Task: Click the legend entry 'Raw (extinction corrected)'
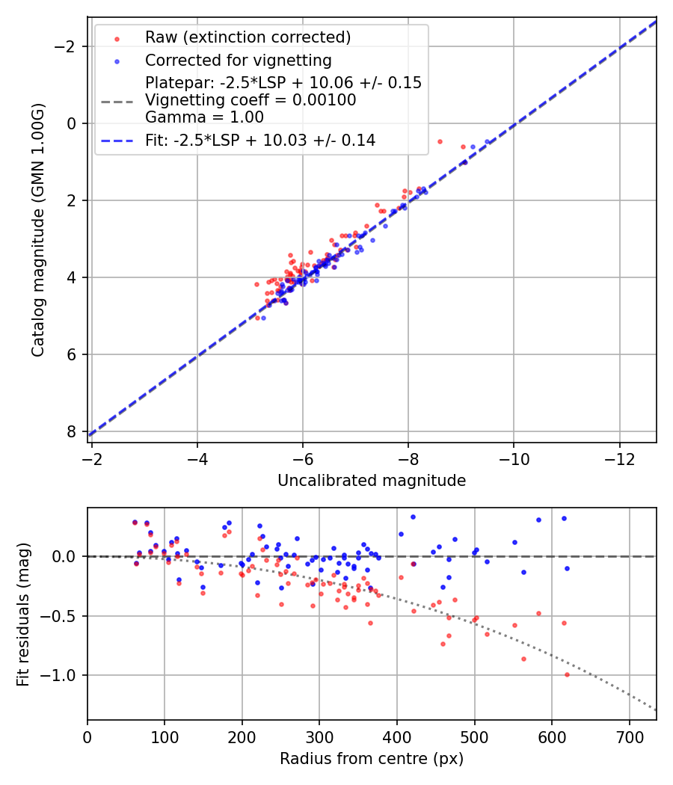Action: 248,37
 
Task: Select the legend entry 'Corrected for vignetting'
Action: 239,60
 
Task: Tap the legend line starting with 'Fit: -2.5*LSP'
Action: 260,140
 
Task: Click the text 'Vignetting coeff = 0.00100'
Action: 251,99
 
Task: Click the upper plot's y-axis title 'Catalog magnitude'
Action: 38,230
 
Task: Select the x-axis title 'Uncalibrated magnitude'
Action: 372,481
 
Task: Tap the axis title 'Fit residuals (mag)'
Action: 23,614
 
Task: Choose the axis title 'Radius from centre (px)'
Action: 372,759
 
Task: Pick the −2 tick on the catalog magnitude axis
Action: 70,46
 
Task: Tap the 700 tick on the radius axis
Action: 629,736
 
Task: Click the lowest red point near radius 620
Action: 567,674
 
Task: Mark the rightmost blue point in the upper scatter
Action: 487,141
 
